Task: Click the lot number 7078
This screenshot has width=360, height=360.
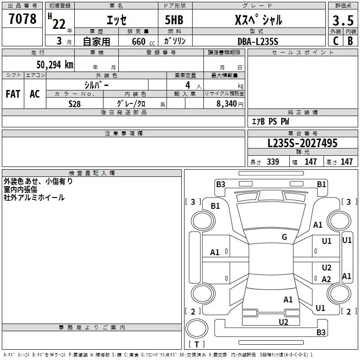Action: (22, 19)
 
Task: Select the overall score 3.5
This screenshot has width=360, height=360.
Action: (343, 20)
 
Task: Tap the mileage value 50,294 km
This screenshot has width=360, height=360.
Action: (55, 64)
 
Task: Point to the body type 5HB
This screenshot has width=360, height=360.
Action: (174, 20)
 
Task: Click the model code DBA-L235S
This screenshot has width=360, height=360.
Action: (258, 41)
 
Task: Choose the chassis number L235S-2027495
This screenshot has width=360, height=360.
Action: (302, 143)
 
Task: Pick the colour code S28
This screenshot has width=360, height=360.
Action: (74, 104)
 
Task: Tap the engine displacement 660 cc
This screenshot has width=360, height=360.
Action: (143, 41)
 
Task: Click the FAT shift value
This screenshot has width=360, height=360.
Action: (13, 94)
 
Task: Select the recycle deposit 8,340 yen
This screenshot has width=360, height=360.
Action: (230, 104)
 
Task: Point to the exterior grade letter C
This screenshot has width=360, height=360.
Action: (336, 41)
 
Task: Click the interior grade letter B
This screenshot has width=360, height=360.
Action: (350, 41)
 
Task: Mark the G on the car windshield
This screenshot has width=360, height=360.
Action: (284, 237)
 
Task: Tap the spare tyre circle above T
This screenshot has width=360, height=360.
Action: (197, 328)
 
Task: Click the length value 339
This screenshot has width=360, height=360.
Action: (273, 162)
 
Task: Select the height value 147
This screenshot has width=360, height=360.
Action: (346, 162)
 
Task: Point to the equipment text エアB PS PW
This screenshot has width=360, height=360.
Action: (270, 121)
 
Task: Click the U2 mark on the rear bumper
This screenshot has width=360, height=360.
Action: (283, 322)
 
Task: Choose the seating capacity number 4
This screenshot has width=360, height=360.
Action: (188, 85)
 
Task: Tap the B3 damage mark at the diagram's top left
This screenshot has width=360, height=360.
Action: (220, 184)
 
